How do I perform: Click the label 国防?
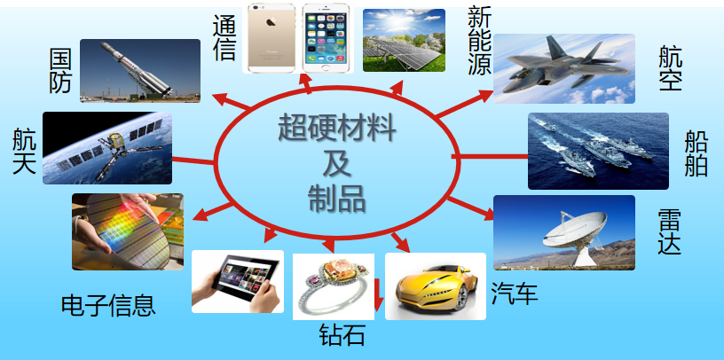pyautogui.click(x=60, y=71)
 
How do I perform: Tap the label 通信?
pyautogui.click(x=224, y=38)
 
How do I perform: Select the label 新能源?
pyautogui.click(x=479, y=41)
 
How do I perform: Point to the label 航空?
pyautogui.click(x=671, y=68)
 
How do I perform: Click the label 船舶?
pyautogui.click(x=696, y=153)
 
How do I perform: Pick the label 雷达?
pyautogui.click(x=670, y=231)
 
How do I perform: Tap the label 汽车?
pyautogui.click(x=515, y=293)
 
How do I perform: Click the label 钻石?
pyautogui.click(x=342, y=334)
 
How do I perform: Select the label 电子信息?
pyautogui.click(x=108, y=305)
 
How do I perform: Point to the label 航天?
pyautogui.click(x=24, y=152)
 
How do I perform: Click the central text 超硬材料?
pyautogui.click(x=336, y=128)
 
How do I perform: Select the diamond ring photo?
pyautogui.click(x=334, y=286)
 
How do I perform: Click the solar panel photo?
pyautogui.click(x=404, y=40)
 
